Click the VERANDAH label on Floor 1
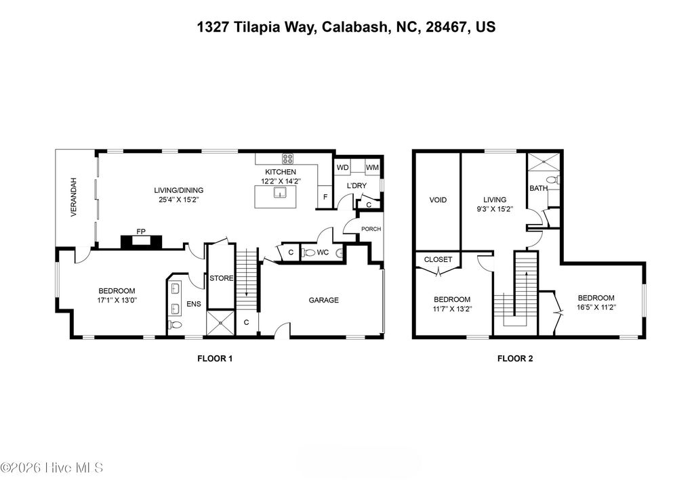74,197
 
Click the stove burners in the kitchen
288,160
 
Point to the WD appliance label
343,167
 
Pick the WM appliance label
371,167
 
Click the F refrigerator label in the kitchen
325,197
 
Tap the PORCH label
371,229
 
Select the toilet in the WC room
311,252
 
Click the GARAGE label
323,300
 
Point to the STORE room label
221,278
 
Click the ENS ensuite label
194,305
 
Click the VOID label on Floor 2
438,200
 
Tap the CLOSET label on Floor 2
438,259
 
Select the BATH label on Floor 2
538,188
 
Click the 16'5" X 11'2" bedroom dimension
596,307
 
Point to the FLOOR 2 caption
515,359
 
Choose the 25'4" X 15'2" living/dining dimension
178,200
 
